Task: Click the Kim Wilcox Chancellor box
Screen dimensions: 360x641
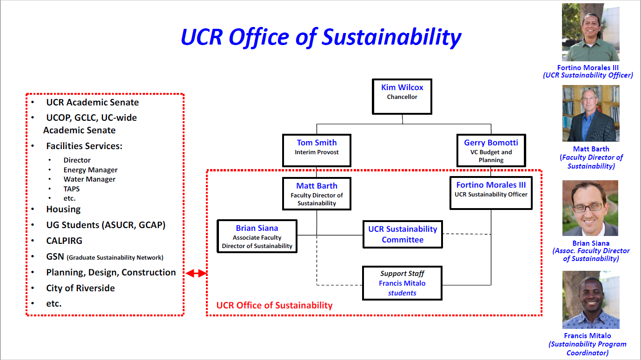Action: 402,97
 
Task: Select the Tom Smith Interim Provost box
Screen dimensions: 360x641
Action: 317,151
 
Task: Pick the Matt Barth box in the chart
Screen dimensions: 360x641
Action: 317,194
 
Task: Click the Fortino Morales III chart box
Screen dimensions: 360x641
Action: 491,192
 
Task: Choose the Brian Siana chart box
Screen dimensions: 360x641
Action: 257,236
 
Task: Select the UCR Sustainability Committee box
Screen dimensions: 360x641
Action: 403,234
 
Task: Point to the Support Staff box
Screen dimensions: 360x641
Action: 402,283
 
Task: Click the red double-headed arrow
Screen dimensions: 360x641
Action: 196,273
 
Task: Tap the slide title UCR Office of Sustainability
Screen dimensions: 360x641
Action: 321,37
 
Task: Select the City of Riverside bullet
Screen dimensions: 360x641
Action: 80,288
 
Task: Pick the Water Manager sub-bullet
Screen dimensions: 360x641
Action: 89,179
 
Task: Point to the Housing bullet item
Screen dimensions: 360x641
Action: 63,209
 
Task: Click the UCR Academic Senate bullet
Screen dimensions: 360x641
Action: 92,102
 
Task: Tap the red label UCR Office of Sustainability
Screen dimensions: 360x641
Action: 274,305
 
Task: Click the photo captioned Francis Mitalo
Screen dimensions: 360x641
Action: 590,300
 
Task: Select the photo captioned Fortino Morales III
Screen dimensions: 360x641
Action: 590,33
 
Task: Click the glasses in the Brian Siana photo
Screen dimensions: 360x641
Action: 590,206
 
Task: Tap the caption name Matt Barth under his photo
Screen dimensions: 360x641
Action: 591,149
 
